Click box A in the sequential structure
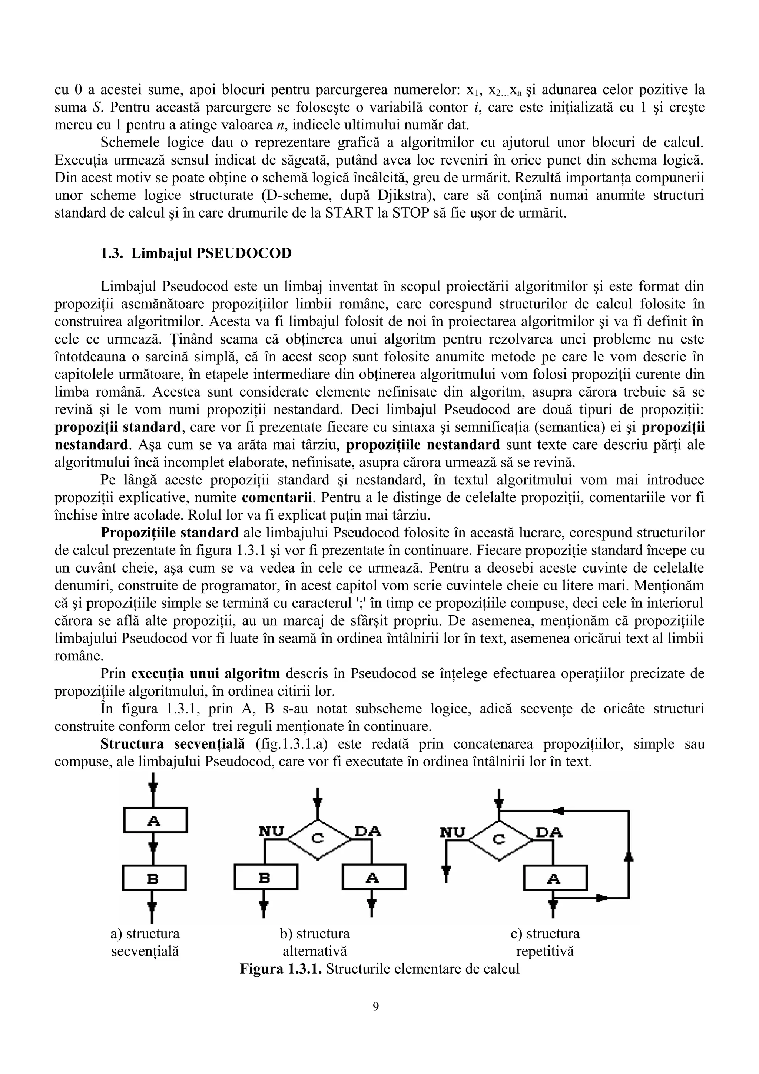point(155,820)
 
